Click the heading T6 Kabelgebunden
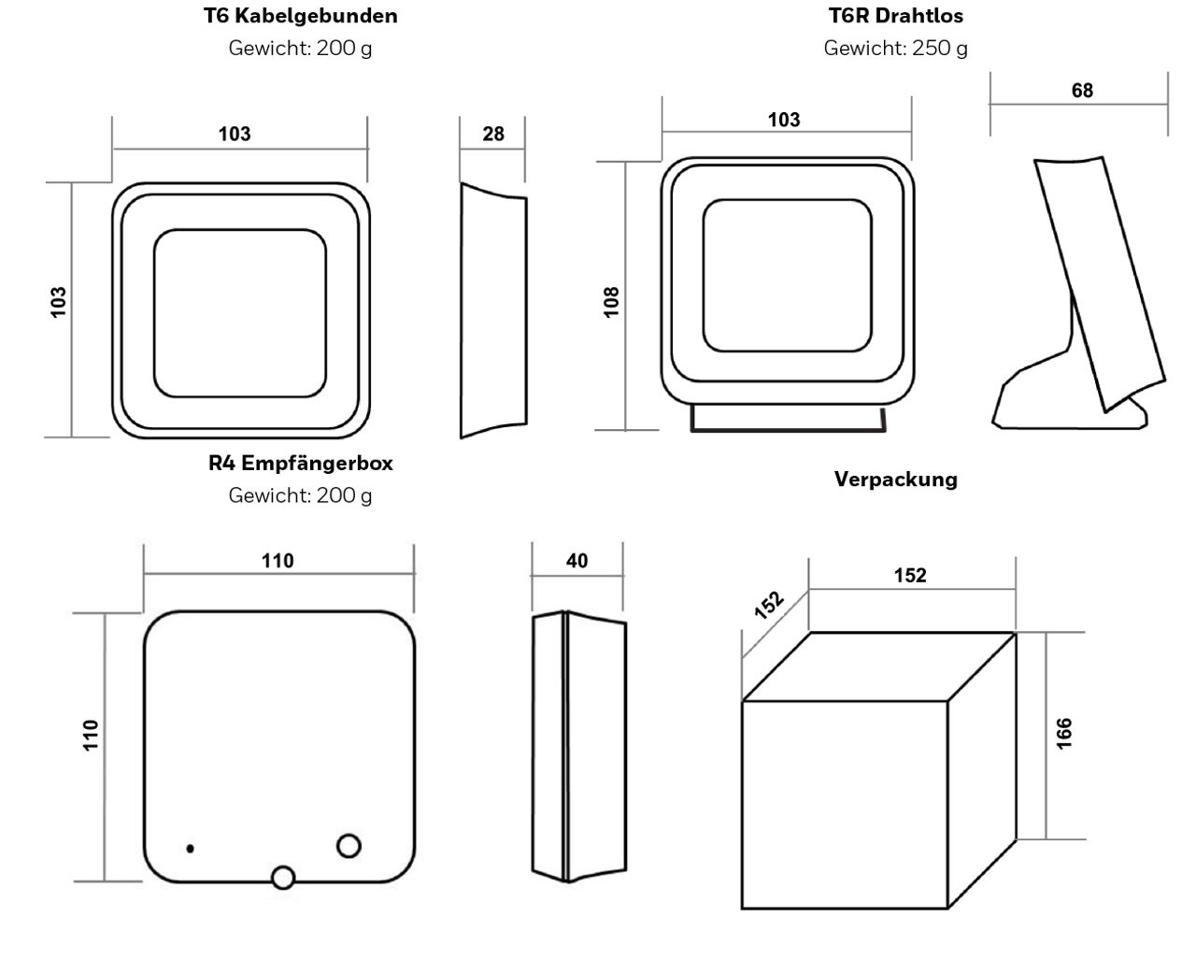pyautogui.click(x=300, y=16)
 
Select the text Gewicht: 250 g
pyautogui.click(x=895, y=48)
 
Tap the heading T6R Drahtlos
pyautogui.click(x=895, y=16)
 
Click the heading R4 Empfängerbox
pyautogui.click(x=300, y=463)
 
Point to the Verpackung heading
pyautogui.click(x=895, y=480)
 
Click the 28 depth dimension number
pyautogui.click(x=493, y=134)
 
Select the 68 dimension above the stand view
pyautogui.click(x=1082, y=91)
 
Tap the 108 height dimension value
pyautogui.click(x=612, y=302)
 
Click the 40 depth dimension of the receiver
pyautogui.click(x=577, y=561)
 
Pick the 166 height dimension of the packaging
pyautogui.click(x=1064, y=733)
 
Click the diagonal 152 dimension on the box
pyautogui.click(x=768, y=606)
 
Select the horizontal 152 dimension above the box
pyautogui.click(x=909, y=576)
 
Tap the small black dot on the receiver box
pyautogui.click(x=191, y=849)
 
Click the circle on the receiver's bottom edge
pyautogui.click(x=282, y=877)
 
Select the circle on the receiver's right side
pyautogui.click(x=349, y=845)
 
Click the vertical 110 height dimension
pyautogui.click(x=91, y=736)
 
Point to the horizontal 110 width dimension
pyautogui.click(x=278, y=561)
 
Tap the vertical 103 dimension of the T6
pyautogui.click(x=59, y=302)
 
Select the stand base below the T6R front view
pyautogui.click(x=787, y=419)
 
